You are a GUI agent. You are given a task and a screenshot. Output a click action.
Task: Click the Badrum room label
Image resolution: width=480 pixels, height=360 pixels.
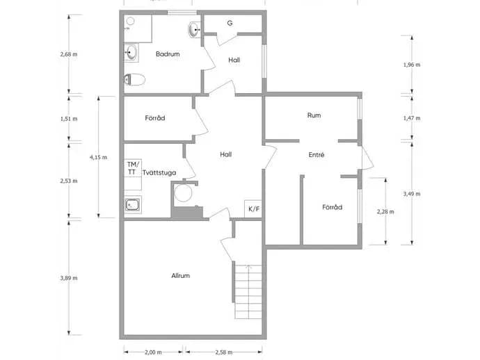coord(168,54)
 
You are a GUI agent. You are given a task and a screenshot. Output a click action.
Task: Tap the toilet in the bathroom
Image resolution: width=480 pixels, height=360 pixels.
coord(134,79)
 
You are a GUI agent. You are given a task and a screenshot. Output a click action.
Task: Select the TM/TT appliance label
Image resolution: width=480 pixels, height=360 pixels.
coord(133,168)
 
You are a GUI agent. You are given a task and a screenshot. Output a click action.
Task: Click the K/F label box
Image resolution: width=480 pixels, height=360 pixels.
coord(253,209)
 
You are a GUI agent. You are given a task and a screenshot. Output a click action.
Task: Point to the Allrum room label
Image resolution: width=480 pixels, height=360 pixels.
coord(180,276)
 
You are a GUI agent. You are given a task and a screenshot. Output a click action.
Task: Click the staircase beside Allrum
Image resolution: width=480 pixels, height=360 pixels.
coord(248,291)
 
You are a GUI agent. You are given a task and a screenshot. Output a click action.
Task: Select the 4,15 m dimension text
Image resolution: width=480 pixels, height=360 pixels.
coord(98,157)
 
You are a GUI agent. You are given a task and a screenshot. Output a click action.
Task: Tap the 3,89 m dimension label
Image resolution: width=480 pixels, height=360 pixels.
coord(69,278)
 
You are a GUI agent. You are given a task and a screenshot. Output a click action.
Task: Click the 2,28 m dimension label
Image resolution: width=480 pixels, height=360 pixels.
coord(385,212)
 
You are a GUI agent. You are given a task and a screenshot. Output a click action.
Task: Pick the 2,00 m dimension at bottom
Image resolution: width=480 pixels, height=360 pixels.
coord(153,352)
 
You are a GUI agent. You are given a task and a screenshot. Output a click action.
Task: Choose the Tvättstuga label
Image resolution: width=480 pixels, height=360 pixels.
coord(159,173)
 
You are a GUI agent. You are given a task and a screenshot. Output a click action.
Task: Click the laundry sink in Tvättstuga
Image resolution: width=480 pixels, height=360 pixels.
coord(133,204)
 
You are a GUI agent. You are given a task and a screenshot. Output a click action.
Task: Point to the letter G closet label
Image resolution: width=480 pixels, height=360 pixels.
coord(230,23)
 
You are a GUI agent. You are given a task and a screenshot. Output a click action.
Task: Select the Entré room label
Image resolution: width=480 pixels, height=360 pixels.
coord(317,155)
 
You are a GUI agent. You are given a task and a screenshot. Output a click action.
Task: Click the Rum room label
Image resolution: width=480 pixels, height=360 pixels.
coord(314,115)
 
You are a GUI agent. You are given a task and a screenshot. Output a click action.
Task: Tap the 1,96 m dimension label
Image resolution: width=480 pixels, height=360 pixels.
coord(412,65)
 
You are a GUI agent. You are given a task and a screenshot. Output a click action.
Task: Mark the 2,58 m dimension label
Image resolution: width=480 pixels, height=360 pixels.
coord(223,352)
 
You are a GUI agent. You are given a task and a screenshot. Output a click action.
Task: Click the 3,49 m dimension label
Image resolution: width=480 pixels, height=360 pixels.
coord(412,194)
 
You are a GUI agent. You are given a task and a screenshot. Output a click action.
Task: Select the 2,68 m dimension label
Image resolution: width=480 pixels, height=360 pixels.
coord(69,54)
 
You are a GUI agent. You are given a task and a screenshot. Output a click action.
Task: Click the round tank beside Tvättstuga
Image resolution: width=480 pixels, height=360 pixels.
coord(183,193)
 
